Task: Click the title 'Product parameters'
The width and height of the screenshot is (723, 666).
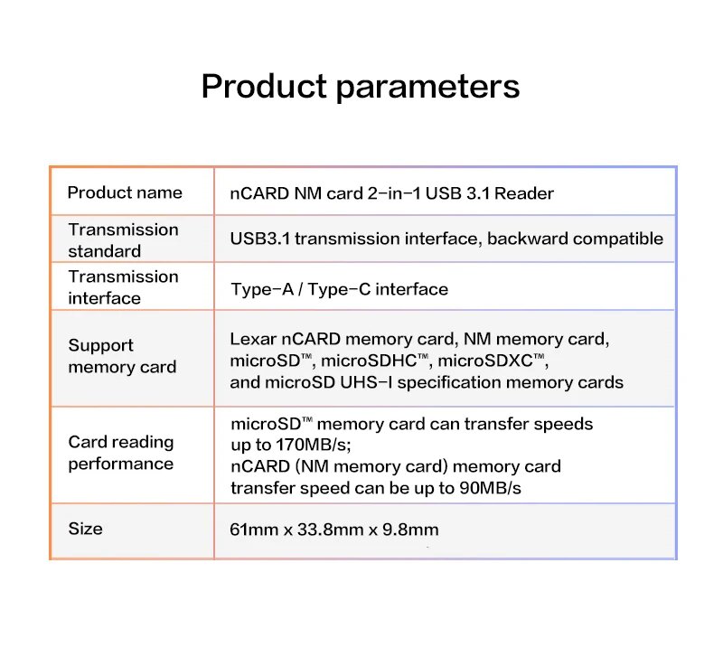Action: coord(360,87)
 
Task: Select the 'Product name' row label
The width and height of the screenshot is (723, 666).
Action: coord(125,192)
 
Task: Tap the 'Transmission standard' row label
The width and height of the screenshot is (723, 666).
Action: coord(123,240)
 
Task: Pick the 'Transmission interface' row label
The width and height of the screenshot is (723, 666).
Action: coord(123,287)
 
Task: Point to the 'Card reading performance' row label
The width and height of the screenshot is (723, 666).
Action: coord(120,453)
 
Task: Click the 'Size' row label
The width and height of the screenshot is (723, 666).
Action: coord(85,529)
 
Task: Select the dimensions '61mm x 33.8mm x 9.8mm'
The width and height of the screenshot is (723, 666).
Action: coord(334,530)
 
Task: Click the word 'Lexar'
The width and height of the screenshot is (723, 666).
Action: coord(251,340)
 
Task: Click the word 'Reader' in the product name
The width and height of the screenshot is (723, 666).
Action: coord(524,193)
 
